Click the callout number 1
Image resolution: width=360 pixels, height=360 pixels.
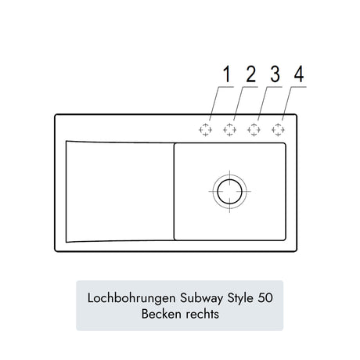pyautogui.click(x=227, y=74)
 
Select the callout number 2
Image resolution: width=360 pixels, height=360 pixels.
pyautogui.click(x=251, y=74)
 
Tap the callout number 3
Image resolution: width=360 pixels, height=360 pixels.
pyautogui.click(x=275, y=74)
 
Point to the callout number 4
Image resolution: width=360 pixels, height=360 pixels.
pyautogui.click(x=299, y=74)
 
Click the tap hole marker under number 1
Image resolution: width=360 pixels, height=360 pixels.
pyautogui.click(x=205, y=130)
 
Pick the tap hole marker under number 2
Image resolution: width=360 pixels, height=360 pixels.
pyautogui.click(x=229, y=130)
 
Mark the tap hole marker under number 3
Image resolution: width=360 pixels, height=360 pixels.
pyautogui.click(x=254, y=130)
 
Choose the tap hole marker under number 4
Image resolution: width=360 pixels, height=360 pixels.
pyautogui.click(x=278, y=130)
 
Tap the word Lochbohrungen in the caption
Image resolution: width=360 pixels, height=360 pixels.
pyautogui.click(x=132, y=298)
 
